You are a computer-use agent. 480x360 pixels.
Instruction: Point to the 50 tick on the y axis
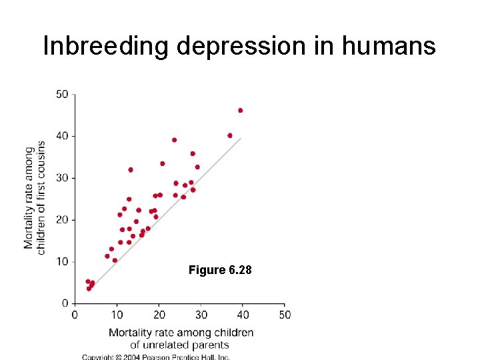point(62,94)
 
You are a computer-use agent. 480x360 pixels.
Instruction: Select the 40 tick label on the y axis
point(62,136)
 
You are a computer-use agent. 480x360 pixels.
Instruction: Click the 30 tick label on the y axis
point(62,178)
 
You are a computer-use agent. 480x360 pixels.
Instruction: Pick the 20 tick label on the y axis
point(62,220)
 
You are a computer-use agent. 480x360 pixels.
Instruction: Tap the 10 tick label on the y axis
point(62,261)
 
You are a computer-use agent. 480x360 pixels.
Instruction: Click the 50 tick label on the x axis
point(284,315)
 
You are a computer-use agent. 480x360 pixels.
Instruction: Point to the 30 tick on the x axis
point(201,315)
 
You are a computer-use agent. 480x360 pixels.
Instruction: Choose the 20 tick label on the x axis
point(159,315)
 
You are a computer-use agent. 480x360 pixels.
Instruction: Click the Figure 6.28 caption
point(220,270)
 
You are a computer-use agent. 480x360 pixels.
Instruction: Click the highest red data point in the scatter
point(240,111)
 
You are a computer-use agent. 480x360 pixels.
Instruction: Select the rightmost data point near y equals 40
point(230,135)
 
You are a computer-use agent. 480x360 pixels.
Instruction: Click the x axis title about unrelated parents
point(180,339)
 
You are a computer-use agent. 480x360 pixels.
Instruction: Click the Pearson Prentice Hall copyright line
point(156,357)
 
